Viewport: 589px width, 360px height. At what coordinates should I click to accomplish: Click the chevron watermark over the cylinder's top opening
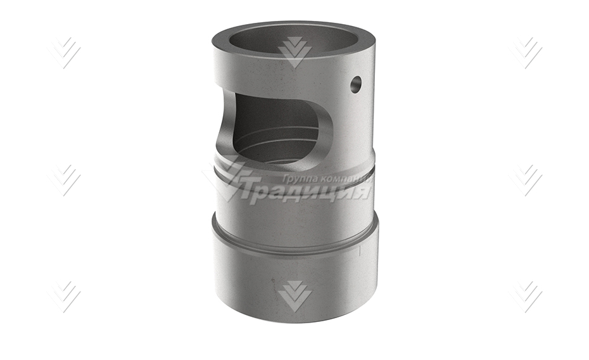(x=294, y=53)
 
